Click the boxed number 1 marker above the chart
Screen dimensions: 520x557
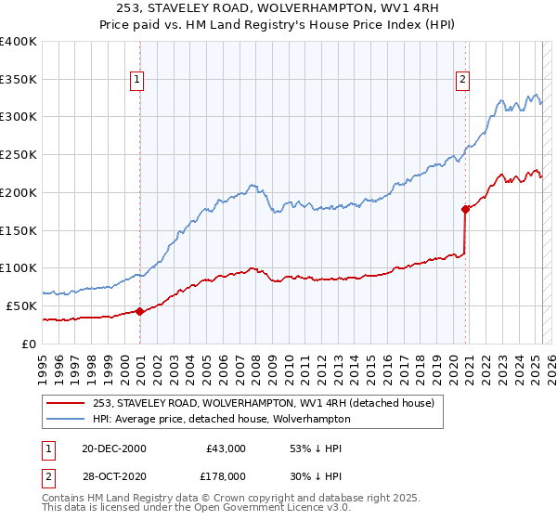137,81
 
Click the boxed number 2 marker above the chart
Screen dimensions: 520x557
462,81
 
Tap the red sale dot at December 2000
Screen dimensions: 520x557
139,311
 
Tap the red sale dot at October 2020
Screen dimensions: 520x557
465,209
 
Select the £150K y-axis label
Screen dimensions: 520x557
18,230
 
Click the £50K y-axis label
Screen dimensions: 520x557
21,305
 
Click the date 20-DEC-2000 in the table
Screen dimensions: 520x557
114,448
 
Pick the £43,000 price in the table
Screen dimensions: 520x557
226,448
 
